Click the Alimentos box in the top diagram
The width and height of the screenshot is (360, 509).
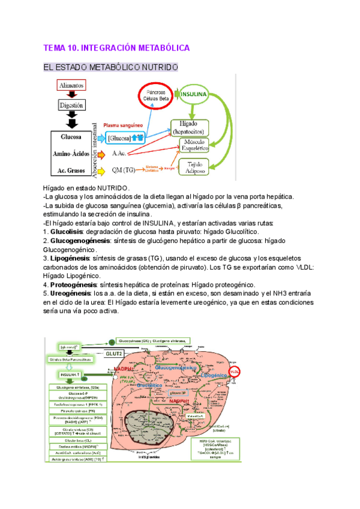(x=71, y=85)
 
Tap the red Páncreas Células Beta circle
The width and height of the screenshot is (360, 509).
(x=155, y=95)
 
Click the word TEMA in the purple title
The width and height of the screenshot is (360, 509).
(x=56, y=47)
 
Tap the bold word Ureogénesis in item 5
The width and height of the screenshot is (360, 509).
(x=71, y=293)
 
